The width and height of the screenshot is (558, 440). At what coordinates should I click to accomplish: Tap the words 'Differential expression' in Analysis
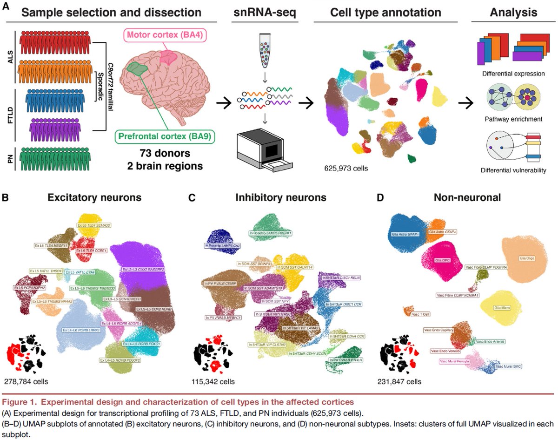pyautogui.click(x=513, y=74)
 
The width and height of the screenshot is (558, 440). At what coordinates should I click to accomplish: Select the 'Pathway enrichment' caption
pyautogui.click(x=513, y=119)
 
